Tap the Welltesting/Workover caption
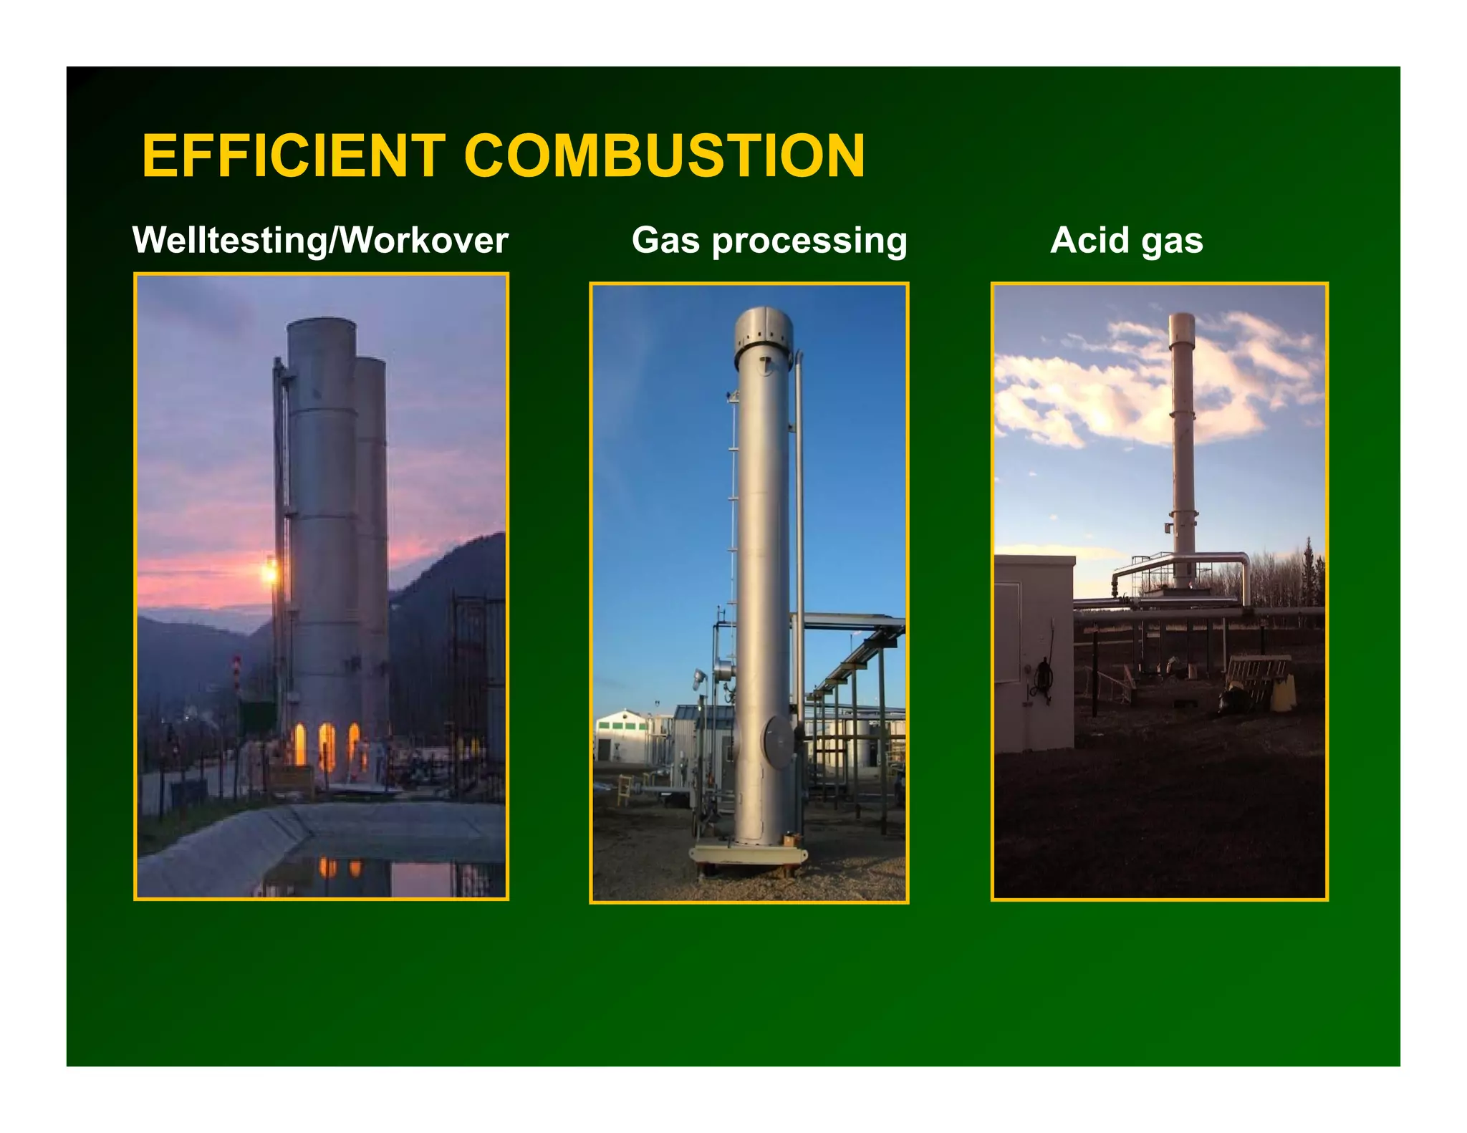point(320,240)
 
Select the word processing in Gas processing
point(809,241)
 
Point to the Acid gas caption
point(1126,240)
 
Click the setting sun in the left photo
point(269,572)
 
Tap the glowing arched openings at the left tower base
point(326,745)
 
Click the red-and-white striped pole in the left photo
point(236,673)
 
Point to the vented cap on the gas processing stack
point(763,329)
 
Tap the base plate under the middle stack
point(748,855)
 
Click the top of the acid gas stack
point(1182,319)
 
